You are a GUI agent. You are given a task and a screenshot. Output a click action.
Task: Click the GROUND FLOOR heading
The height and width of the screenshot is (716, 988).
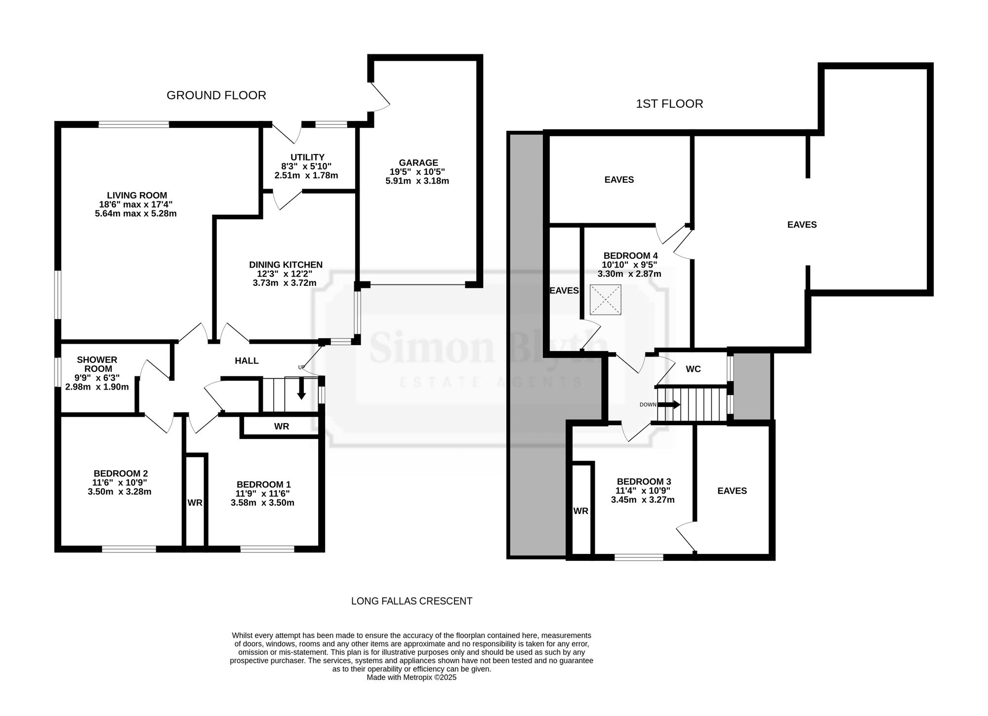(216, 95)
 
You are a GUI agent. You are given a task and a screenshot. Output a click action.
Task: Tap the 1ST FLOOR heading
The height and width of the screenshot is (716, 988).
(669, 104)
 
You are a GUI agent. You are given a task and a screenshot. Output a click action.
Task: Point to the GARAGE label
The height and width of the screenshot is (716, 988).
(418, 162)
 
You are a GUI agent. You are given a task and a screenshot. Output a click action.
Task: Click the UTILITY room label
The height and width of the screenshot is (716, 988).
(307, 158)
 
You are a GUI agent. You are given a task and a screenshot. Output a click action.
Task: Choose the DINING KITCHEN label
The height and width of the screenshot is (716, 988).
(286, 265)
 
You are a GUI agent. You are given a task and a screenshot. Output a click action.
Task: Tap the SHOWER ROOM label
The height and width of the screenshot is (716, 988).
(97, 364)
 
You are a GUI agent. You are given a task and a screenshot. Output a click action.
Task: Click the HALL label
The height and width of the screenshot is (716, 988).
(247, 361)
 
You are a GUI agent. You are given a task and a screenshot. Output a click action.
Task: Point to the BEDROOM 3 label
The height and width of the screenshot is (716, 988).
(644, 481)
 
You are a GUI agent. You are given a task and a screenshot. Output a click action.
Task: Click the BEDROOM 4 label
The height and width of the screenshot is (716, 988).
(630, 256)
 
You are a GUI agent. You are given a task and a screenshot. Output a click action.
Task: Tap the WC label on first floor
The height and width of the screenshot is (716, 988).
(693, 369)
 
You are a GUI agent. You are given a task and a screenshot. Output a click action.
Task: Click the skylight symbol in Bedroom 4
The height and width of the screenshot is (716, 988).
(605, 300)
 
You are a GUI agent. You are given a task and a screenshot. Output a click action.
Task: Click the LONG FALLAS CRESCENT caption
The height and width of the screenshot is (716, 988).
(412, 601)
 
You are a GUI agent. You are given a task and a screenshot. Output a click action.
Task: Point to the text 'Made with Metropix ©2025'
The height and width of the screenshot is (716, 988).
(412, 677)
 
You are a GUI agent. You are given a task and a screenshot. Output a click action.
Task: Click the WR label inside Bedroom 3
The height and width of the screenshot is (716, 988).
(581, 511)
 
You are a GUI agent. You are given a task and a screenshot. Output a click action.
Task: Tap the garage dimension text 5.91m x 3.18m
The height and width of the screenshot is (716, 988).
(417, 181)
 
